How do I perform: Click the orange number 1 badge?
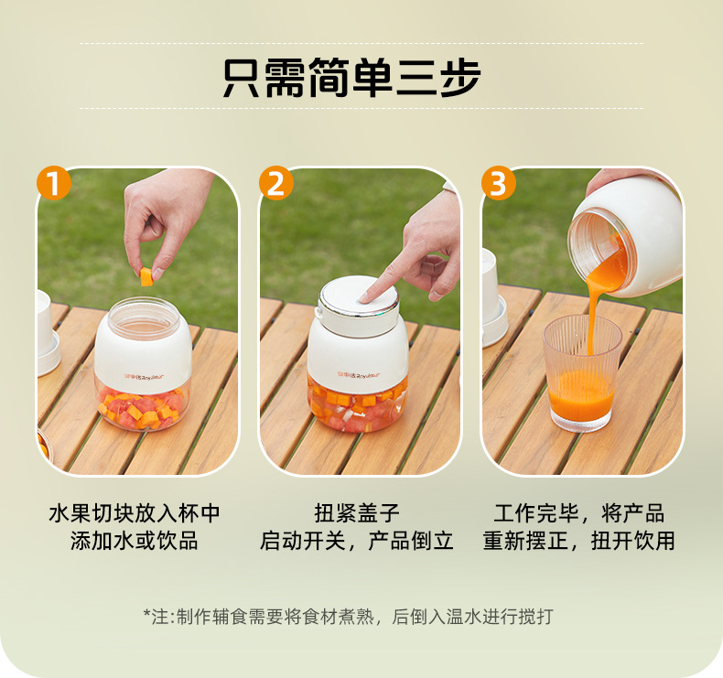tap(54, 183)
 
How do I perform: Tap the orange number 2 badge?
tap(276, 183)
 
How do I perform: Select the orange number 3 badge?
tap(499, 183)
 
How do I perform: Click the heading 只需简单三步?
tap(351, 78)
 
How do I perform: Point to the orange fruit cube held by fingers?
tap(146, 276)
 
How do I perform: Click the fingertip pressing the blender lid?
tap(365, 298)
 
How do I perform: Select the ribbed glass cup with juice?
tap(582, 373)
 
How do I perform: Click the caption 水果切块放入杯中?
tap(135, 513)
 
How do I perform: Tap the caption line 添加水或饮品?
tap(135, 541)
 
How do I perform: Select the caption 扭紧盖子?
tap(357, 513)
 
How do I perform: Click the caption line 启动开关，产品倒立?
tap(356, 541)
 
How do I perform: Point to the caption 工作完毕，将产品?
tap(578, 513)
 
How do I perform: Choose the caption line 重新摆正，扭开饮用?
tap(578, 541)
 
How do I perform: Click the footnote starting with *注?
tap(348, 616)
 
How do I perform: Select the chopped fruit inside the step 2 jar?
tap(358, 404)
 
